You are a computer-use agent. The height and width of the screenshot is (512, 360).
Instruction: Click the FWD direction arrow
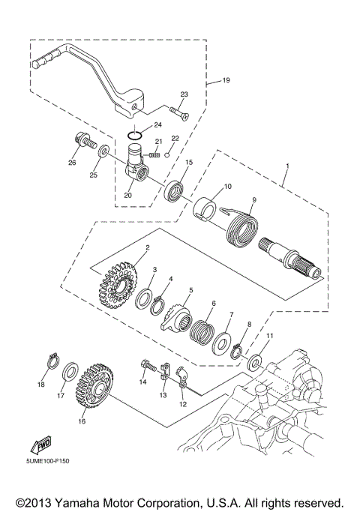[x=41, y=444]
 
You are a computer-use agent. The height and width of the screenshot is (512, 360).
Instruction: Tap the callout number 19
[x=226, y=80]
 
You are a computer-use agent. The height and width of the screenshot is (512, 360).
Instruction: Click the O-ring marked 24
[x=135, y=134]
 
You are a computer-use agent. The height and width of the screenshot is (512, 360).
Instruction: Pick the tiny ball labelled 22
[x=167, y=154]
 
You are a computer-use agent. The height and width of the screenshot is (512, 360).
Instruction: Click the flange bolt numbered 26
[x=81, y=142]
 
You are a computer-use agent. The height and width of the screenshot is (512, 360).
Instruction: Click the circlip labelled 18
[x=52, y=361]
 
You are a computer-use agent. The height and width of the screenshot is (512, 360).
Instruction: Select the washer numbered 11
[x=254, y=363]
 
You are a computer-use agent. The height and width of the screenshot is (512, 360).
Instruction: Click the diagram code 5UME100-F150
[x=48, y=461]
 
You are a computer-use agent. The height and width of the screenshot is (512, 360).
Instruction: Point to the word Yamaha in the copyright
[x=77, y=502]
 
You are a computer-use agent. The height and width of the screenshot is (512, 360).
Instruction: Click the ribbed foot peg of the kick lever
[x=46, y=60]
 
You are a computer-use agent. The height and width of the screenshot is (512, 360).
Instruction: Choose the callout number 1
[x=287, y=166]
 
